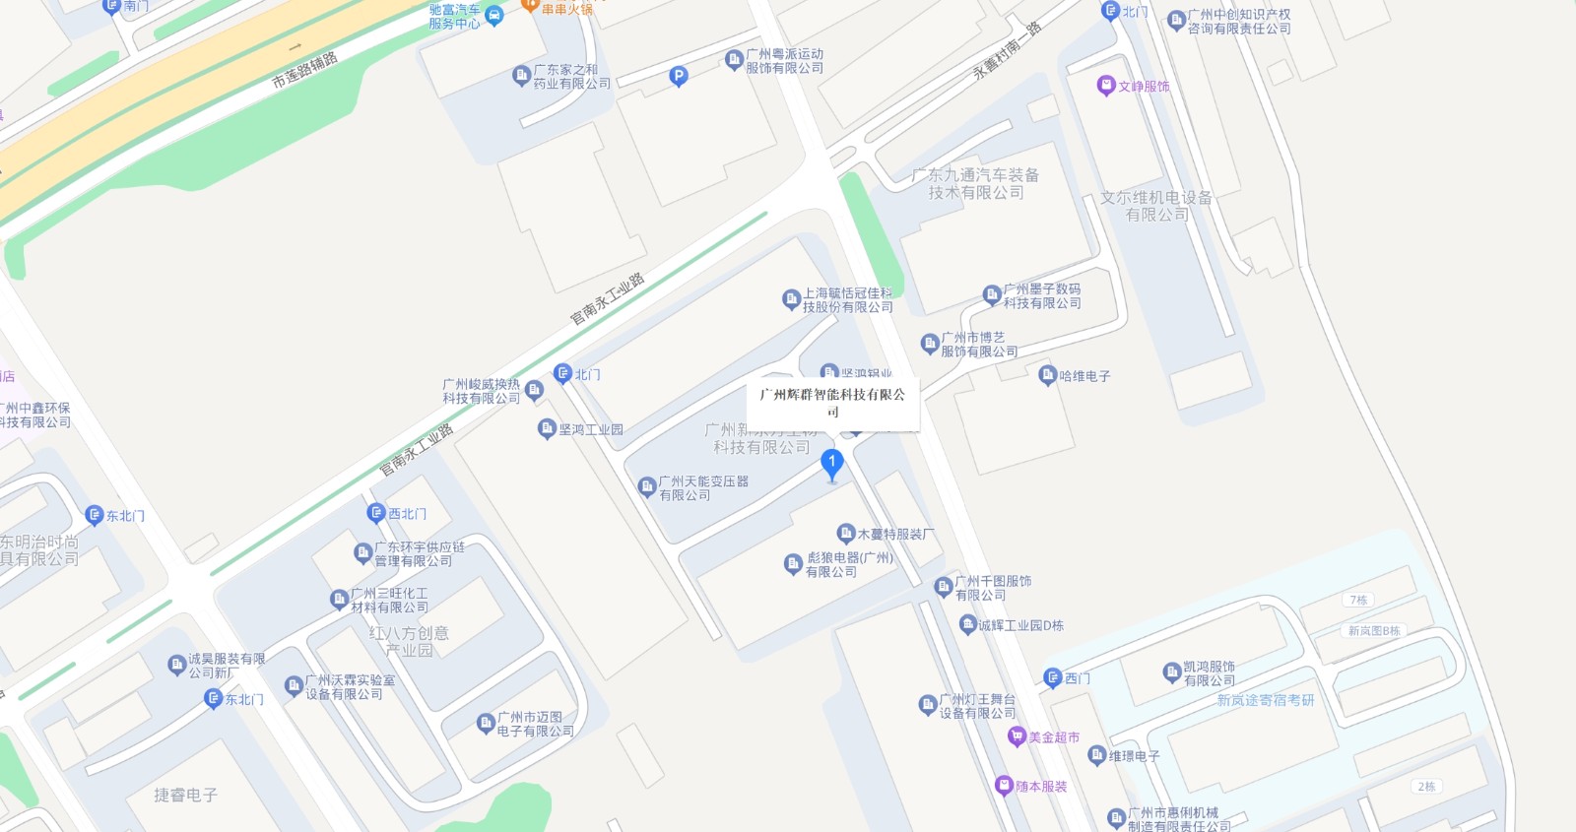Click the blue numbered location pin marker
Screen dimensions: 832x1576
831,464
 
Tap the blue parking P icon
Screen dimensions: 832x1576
678,76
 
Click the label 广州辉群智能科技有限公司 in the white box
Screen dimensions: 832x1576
832,402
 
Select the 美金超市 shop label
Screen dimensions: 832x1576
1053,736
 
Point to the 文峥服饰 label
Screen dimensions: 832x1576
1143,87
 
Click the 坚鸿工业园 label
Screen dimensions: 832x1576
590,429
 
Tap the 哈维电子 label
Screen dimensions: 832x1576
1083,376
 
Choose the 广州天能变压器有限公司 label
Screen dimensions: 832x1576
702,488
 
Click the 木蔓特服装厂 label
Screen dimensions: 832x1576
894,534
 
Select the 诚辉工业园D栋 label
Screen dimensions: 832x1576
1019,625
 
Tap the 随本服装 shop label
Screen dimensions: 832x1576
1040,786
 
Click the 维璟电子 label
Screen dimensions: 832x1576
1133,756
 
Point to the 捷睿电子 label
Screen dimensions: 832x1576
185,795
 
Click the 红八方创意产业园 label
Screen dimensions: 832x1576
409,641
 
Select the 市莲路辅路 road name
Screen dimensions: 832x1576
304,70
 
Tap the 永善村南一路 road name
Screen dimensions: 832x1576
1007,49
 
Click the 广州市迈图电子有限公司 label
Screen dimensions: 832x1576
535,724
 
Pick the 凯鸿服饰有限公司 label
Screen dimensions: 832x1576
1209,673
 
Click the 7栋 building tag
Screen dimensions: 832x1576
1358,600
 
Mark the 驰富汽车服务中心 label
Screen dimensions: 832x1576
454,17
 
